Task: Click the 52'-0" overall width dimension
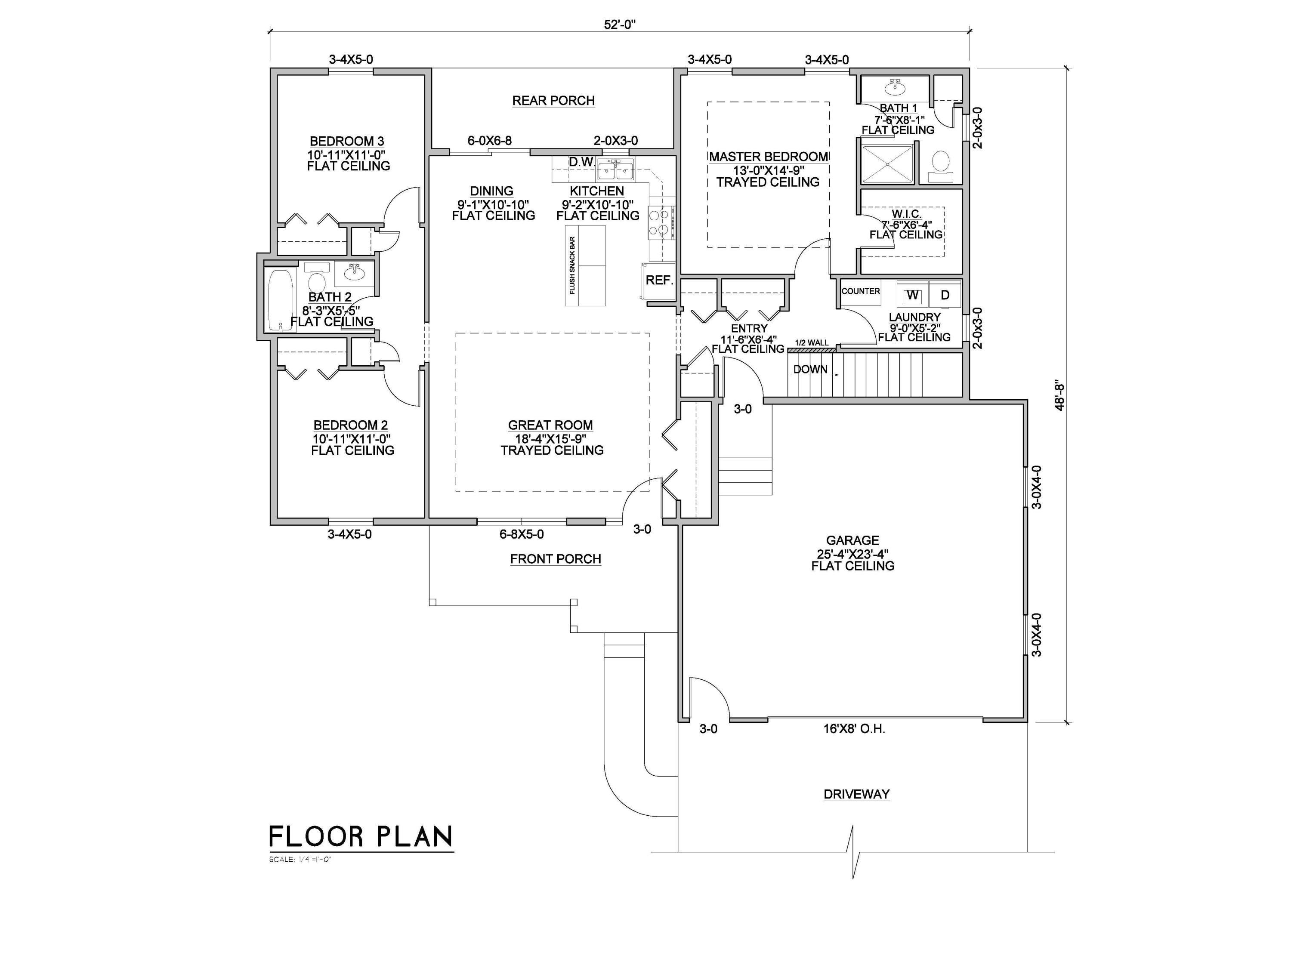click(x=619, y=25)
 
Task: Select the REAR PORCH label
click(x=553, y=100)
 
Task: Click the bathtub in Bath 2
click(x=280, y=300)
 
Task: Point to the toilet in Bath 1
click(x=940, y=162)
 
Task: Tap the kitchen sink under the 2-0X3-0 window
click(x=616, y=171)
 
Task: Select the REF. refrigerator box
click(x=659, y=281)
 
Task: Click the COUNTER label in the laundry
click(x=860, y=291)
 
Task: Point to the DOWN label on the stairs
click(x=810, y=369)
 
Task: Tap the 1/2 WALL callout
click(x=811, y=342)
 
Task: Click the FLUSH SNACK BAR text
click(x=572, y=265)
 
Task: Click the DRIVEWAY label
click(x=856, y=794)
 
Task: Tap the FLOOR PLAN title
click(x=361, y=837)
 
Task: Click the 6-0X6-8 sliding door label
click(x=489, y=141)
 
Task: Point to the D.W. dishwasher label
click(x=581, y=162)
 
